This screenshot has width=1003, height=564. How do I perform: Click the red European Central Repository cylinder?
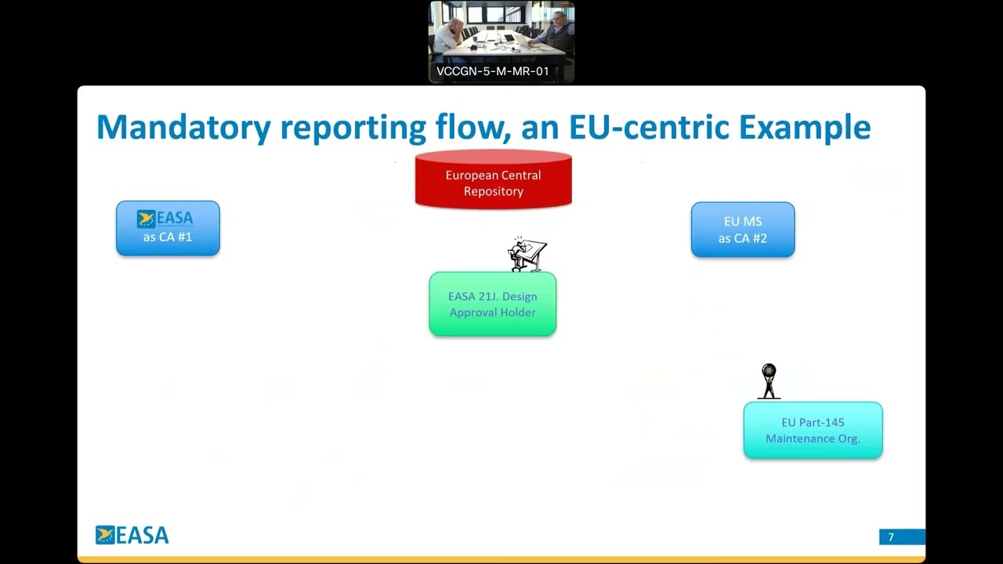493,181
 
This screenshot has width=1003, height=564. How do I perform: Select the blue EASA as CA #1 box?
168,228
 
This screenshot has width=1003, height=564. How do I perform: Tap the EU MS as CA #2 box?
742,230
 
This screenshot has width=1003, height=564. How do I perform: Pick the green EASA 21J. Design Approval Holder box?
492,304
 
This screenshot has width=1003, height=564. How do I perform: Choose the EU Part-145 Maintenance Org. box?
813,430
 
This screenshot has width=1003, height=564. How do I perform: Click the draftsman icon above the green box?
527,255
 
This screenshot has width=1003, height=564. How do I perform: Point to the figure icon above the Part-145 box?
769,381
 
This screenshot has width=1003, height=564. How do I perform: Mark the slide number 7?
891,537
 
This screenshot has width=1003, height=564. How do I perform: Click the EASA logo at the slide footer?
132,535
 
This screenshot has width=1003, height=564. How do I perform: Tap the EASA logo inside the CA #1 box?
165,219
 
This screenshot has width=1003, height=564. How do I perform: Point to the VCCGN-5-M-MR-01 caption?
493,71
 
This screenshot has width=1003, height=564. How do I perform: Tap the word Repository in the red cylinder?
493,191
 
